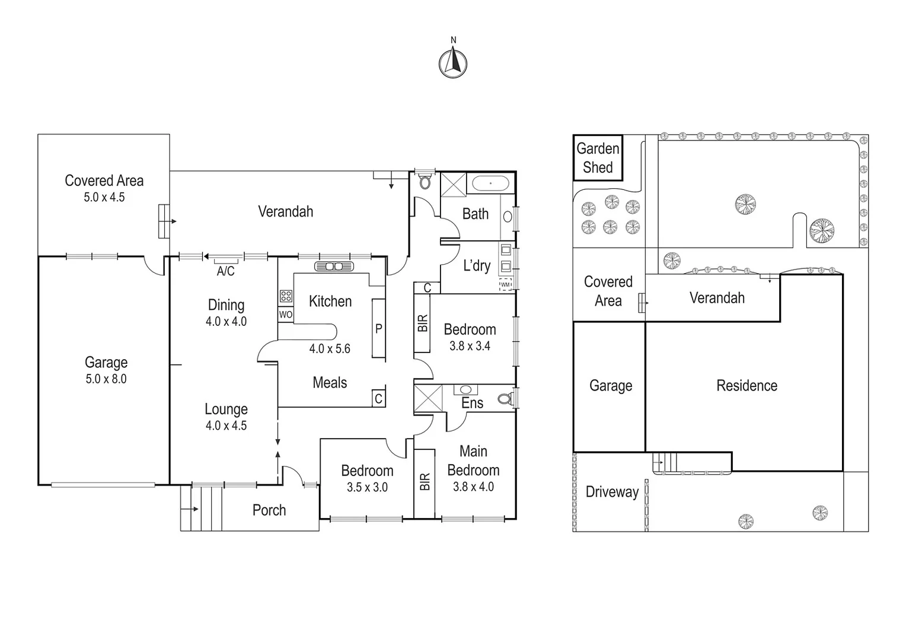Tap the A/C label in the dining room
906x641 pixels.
[x=225, y=271]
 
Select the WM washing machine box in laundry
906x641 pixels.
[x=505, y=284]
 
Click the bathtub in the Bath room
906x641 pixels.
[x=490, y=183]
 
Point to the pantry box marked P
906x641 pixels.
[x=378, y=328]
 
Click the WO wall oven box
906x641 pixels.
[x=285, y=315]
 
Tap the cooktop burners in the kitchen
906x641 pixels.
[x=285, y=296]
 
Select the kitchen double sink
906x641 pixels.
[x=334, y=266]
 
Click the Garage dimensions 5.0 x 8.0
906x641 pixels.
[x=106, y=379]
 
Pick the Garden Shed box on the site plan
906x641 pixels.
[x=598, y=158]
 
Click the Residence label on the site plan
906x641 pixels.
[x=747, y=386]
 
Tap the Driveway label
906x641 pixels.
[x=612, y=492]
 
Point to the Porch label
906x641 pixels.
[x=269, y=510]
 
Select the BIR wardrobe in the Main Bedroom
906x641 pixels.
[x=425, y=483]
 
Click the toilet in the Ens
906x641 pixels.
[x=505, y=399]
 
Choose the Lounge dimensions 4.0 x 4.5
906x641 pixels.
[x=226, y=426]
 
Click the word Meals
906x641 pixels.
[x=330, y=383]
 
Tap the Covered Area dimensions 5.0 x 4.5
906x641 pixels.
[x=104, y=197]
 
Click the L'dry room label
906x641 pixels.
[x=477, y=265]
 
